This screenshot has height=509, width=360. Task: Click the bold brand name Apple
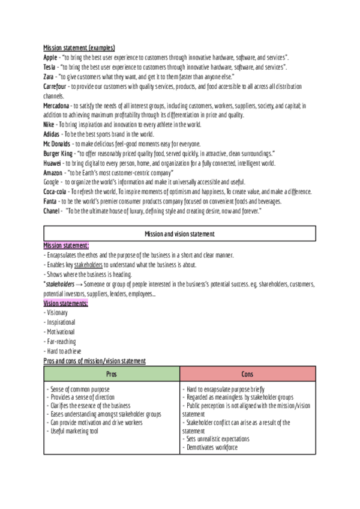[x=50, y=57]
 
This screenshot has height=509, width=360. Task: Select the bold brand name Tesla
[x=50, y=67]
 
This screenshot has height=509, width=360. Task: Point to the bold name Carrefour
[x=55, y=87]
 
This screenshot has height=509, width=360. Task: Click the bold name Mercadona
[x=57, y=106]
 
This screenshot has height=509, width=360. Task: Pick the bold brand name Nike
[x=49, y=124]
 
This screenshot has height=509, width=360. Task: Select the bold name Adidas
[x=52, y=134]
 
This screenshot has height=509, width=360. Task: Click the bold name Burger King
[x=58, y=153]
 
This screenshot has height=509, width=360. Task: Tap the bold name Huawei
[x=52, y=163]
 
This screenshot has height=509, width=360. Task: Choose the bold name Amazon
[x=53, y=172]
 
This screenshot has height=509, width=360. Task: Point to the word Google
[x=52, y=182]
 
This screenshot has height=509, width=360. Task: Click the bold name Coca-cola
[x=56, y=191]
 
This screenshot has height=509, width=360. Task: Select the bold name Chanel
[x=52, y=211]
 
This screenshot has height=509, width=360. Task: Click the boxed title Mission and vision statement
[x=179, y=233]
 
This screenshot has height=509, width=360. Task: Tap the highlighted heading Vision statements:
[x=66, y=303]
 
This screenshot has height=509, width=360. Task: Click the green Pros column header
[x=112, y=373]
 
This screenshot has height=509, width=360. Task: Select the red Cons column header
[x=247, y=373]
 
